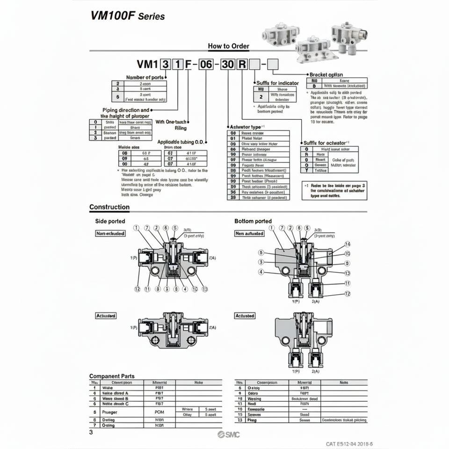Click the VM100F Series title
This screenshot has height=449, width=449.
127,15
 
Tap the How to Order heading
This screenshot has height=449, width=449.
228,46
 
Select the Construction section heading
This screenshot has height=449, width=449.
109,207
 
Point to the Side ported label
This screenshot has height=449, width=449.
110,221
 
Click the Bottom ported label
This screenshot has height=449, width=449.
253,221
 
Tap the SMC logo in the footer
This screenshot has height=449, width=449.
228,435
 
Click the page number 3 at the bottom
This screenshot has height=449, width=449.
91,433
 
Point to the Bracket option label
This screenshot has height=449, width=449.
326,75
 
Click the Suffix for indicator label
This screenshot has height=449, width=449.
277,83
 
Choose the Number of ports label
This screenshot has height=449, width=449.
145,77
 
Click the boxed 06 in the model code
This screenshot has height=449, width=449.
206,64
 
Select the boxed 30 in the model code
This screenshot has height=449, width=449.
228,64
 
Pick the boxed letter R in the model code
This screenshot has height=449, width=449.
242,64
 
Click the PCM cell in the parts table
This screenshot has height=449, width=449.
159,412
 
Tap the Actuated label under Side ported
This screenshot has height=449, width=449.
106,316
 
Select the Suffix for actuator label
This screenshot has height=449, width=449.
326,143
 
